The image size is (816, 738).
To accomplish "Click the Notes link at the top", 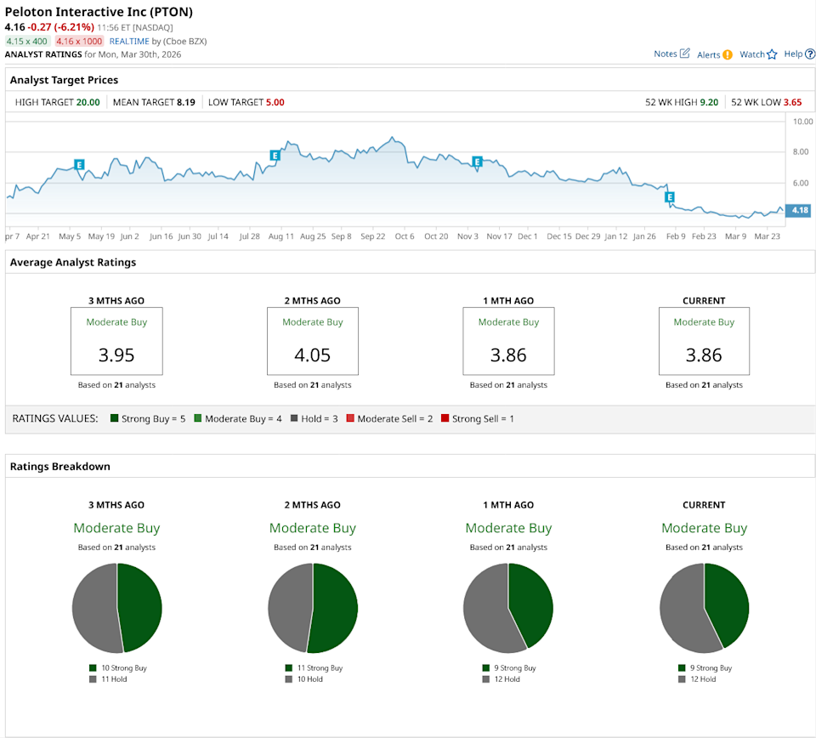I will click(666, 54).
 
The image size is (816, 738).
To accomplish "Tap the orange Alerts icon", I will click(727, 54).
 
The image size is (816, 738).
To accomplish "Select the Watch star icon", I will click(772, 54).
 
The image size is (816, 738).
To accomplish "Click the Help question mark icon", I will click(810, 54).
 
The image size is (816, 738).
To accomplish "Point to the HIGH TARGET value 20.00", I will click(88, 102).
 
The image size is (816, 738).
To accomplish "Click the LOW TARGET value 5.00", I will click(274, 102).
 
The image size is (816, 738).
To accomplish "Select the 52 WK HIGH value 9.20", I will click(709, 102).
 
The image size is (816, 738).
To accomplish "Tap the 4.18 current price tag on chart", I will click(799, 210).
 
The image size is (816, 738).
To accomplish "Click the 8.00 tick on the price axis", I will click(801, 152).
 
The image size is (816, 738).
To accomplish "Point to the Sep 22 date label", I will click(372, 236).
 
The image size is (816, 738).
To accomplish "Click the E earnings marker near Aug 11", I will click(275, 156).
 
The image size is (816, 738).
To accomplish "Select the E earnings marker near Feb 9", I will click(670, 197).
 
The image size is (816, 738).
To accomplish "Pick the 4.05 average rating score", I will click(313, 355).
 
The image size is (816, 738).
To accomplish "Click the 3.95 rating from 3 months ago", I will click(117, 355).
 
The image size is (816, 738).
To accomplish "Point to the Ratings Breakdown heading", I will click(59, 466).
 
